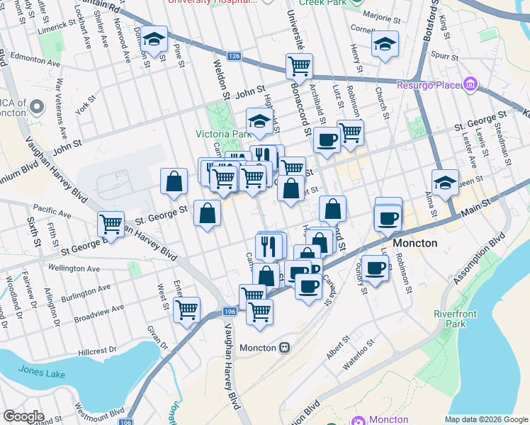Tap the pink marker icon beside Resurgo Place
pos(469,86)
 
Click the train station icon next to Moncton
pos(285,348)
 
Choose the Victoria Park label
pos(223,134)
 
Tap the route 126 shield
pos(235,55)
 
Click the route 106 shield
pos(228,312)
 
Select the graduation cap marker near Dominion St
pos(153,40)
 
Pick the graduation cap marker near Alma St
pos(445,183)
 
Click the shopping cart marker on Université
pos(299,66)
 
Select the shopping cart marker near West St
pos(186,310)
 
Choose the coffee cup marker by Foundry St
pos(374,268)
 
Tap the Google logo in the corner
pos(23,416)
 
